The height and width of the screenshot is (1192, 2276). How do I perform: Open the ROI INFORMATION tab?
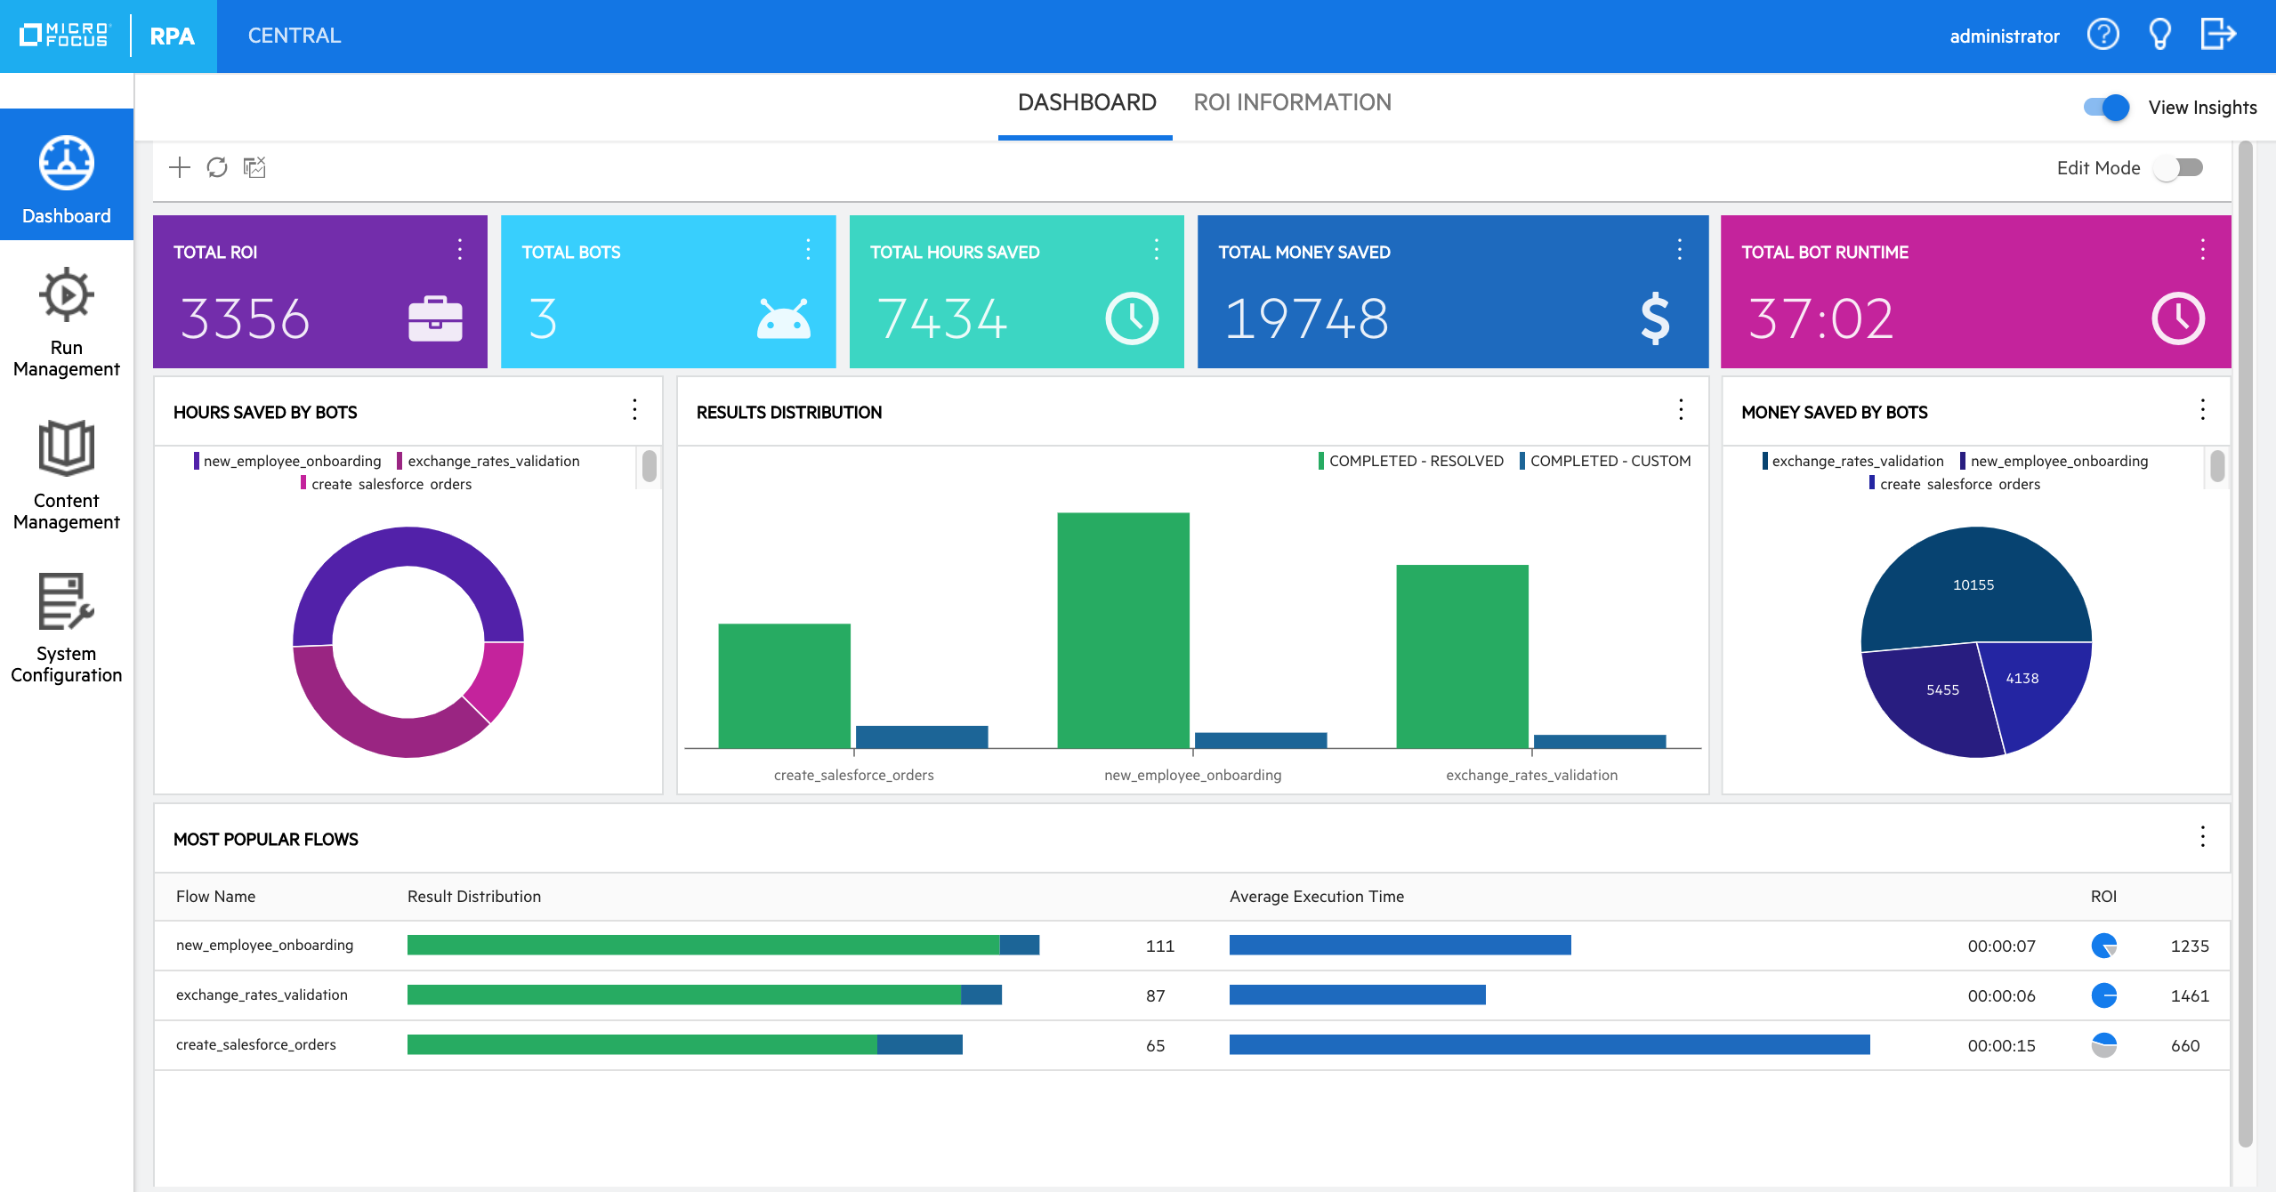coord(1292,103)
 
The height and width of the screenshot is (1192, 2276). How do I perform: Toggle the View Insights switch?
coord(2106,108)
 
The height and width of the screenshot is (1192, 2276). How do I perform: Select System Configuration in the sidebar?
coord(67,627)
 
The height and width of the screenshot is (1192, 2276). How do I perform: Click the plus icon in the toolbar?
coord(180,167)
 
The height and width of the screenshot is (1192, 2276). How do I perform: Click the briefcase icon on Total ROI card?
coord(435,318)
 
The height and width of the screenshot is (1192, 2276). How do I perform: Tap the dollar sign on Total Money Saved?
coord(1654,318)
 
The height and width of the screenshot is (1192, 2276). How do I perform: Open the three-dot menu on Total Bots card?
coord(808,250)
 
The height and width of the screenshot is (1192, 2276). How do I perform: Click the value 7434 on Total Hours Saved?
coord(942,318)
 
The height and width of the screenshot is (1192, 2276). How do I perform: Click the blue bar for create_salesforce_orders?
coord(921,737)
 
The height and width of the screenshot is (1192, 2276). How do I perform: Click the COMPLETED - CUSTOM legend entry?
coord(1609,461)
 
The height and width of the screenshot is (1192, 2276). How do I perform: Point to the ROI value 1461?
coord(2189,995)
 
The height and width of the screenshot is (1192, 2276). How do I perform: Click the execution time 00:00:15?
coord(2001,1045)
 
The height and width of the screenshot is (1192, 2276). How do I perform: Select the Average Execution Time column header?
coord(1316,897)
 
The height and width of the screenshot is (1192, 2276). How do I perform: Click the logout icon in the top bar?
coord(2217,36)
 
